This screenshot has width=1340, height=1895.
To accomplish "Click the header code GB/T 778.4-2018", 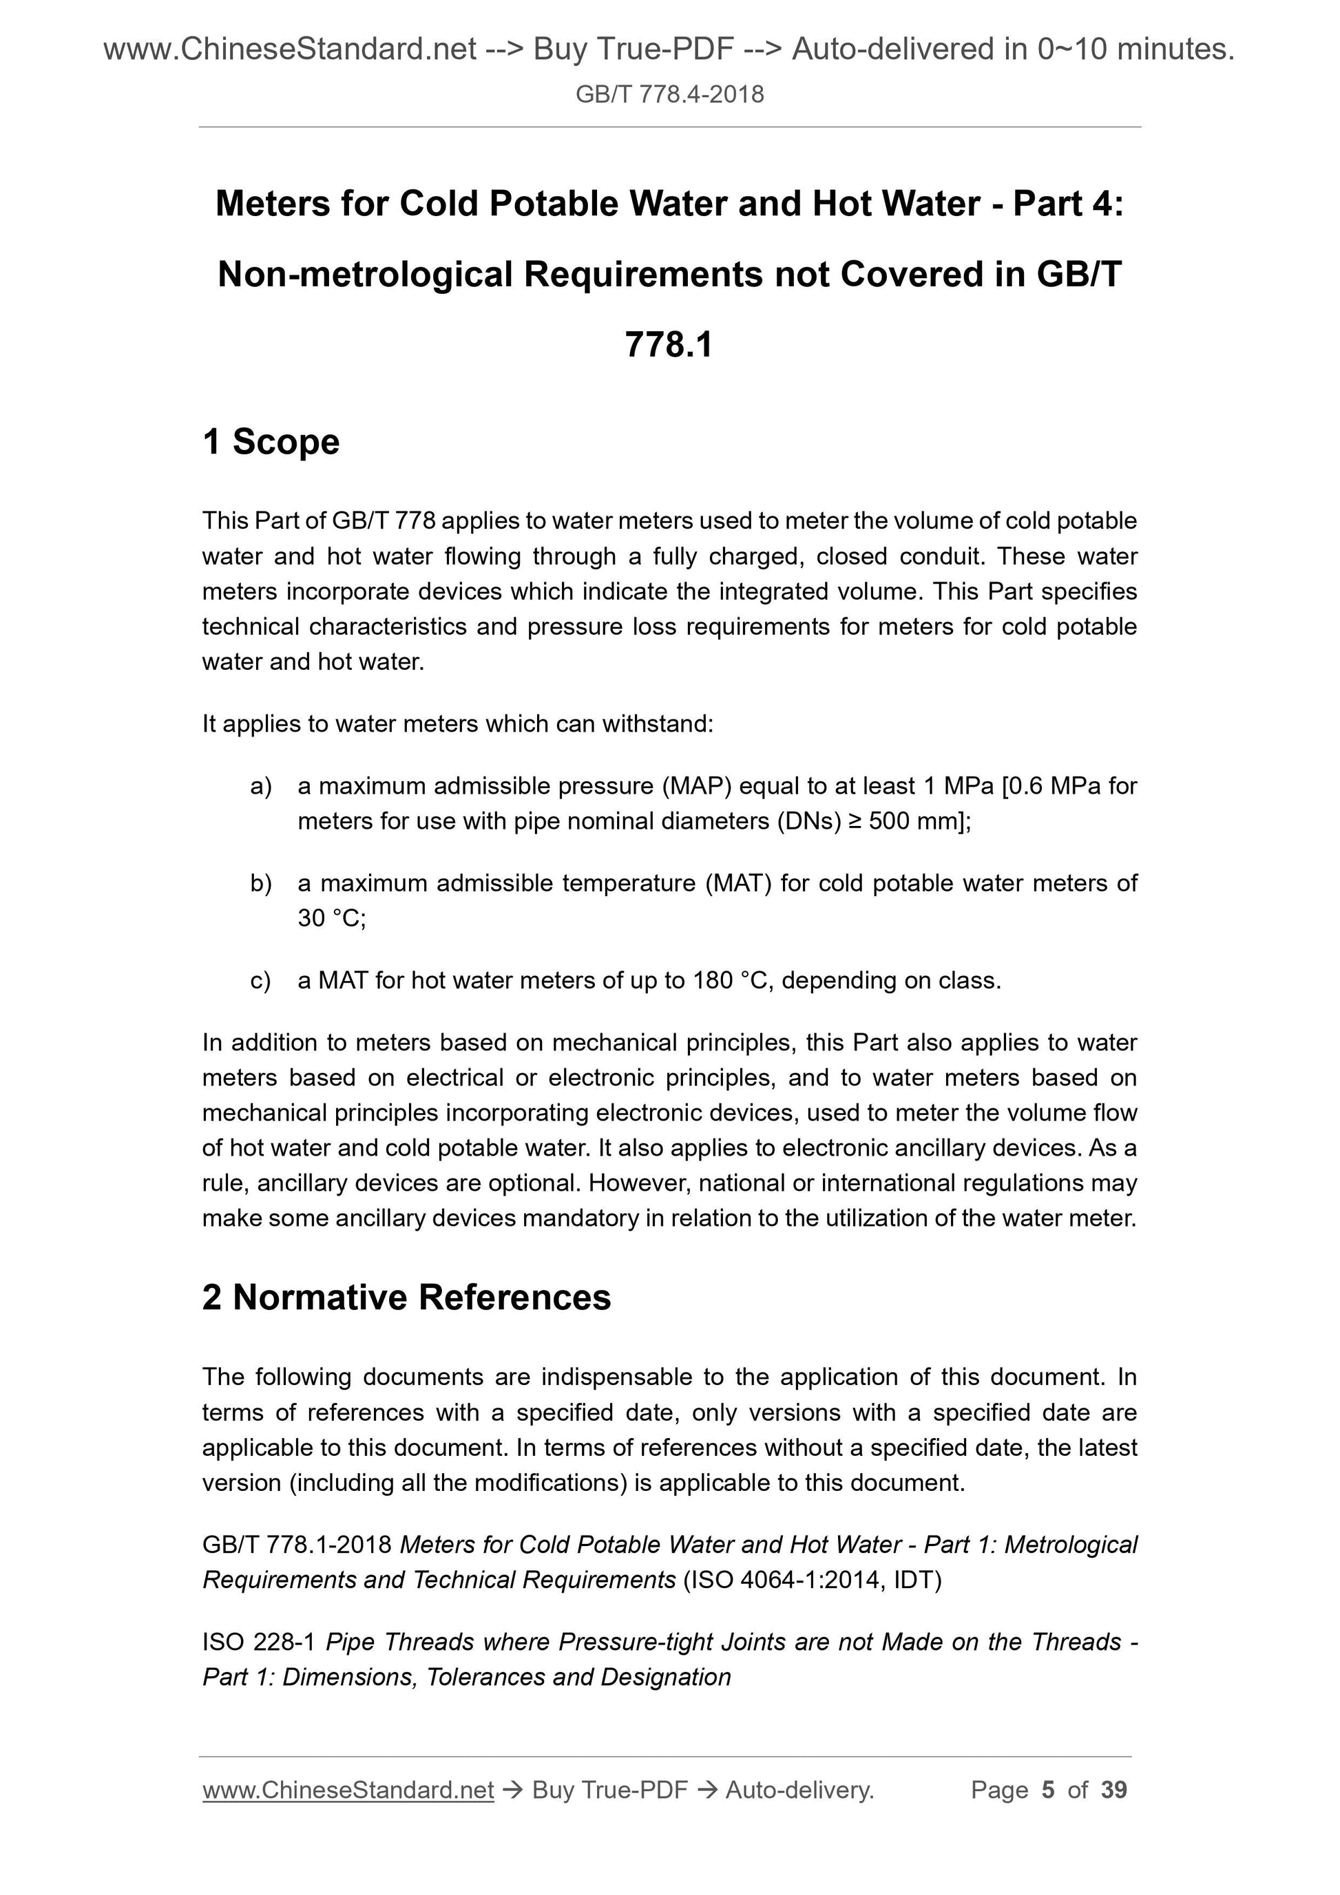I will (x=669, y=95).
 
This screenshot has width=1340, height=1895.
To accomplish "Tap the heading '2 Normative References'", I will (x=406, y=1297).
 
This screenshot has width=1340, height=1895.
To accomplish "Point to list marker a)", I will (x=261, y=787).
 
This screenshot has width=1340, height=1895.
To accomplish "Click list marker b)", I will (x=261, y=884).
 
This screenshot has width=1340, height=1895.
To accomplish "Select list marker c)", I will (x=261, y=980).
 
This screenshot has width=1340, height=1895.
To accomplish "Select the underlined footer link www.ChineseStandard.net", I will (x=348, y=1790).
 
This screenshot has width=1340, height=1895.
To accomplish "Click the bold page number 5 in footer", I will (x=1049, y=1790).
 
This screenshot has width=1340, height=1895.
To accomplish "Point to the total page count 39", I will (x=1113, y=1790).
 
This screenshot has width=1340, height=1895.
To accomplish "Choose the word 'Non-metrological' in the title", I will (x=365, y=275).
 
